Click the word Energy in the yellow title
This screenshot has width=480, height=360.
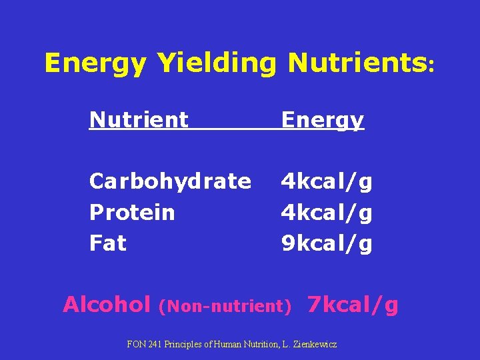tap(95, 64)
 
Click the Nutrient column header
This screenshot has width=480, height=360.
tap(139, 120)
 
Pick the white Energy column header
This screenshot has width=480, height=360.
tap(323, 121)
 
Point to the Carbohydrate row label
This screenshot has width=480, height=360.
tap(170, 181)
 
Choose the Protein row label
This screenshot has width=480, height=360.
tap(132, 213)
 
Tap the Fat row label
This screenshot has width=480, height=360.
tap(108, 243)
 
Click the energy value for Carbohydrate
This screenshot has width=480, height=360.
tap(327, 181)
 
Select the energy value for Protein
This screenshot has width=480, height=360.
tap(327, 213)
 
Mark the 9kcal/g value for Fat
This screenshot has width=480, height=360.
tap(327, 244)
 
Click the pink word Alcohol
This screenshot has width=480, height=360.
tap(107, 305)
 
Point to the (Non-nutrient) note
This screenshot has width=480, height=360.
tap(225, 307)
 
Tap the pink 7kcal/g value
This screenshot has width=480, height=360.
tap(353, 305)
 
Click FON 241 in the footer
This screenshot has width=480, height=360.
tap(145, 345)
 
